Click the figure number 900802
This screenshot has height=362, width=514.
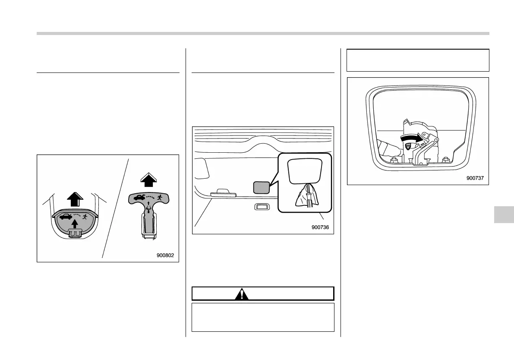click(165, 255)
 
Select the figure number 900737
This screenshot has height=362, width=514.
click(475, 178)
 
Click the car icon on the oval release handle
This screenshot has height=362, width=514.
click(65, 217)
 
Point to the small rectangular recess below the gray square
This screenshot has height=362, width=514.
click(262, 206)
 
